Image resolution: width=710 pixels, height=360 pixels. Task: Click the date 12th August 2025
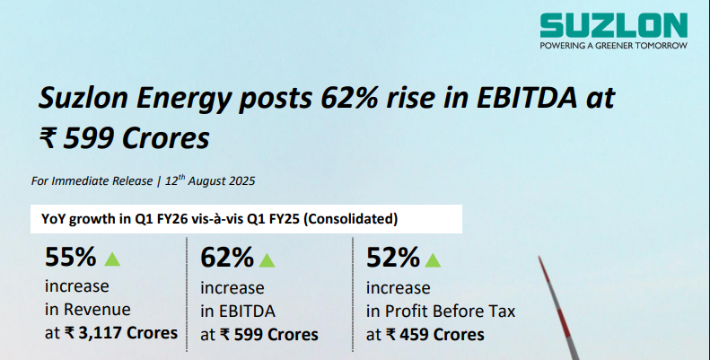pyautogui.click(x=208, y=180)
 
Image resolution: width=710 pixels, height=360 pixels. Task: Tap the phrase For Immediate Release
pyautogui.click(x=90, y=181)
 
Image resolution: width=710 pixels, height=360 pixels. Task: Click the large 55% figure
pyautogui.click(x=70, y=258)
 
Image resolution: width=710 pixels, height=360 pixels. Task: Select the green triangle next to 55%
pyautogui.click(x=112, y=259)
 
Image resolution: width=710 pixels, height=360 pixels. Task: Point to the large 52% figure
pyautogui.click(x=393, y=259)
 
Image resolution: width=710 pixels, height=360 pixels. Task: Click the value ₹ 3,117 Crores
pyautogui.click(x=121, y=334)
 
